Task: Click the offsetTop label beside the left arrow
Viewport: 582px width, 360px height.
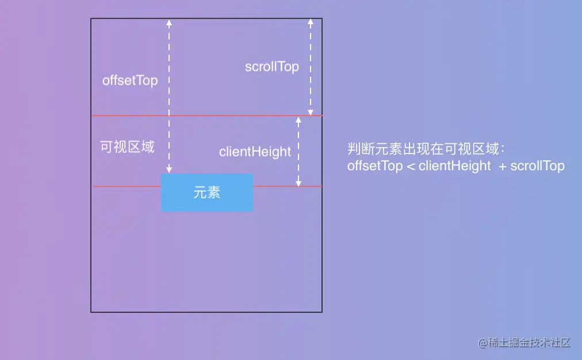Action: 130,81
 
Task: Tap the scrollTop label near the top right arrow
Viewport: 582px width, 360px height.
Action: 272,67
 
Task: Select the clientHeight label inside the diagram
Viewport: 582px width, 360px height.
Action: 255,152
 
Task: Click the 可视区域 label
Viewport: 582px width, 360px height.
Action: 127,147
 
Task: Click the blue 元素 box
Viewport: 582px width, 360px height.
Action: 207,193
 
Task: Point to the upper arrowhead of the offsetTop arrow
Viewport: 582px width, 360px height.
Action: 169,23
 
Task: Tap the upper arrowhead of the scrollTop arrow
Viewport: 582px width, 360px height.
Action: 311,23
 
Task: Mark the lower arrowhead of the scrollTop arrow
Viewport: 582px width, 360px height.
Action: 311,112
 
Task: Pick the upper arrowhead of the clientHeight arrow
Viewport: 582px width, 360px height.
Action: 298,120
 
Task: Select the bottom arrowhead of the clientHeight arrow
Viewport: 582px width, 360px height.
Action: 298,183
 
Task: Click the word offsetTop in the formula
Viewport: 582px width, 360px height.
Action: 375,166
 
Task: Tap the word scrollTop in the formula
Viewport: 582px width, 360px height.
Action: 538,166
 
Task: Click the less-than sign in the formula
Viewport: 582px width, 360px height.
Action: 411,167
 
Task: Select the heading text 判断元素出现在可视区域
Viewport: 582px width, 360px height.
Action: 426,150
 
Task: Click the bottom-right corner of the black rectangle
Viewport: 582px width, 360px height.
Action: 321,312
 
